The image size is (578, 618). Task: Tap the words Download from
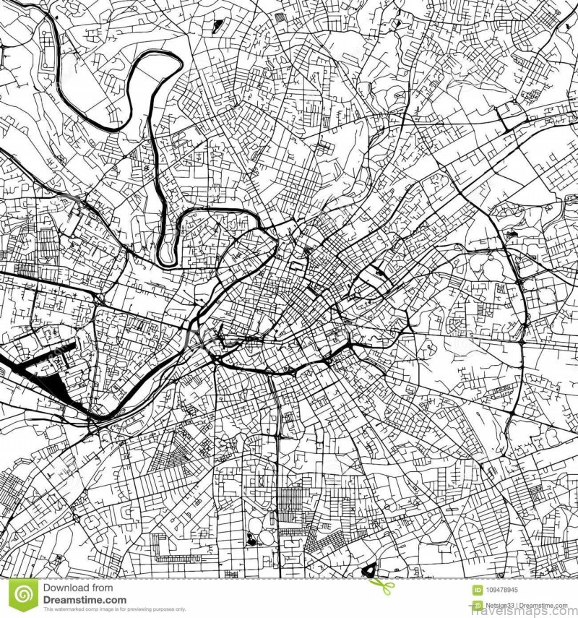click(77, 588)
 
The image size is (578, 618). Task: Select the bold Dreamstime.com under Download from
click(85, 600)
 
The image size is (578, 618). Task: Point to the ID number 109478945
click(508, 589)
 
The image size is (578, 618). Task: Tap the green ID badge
click(478, 589)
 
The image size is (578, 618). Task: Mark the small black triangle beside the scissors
click(369, 570)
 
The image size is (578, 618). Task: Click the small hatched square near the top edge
click(217, 25)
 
